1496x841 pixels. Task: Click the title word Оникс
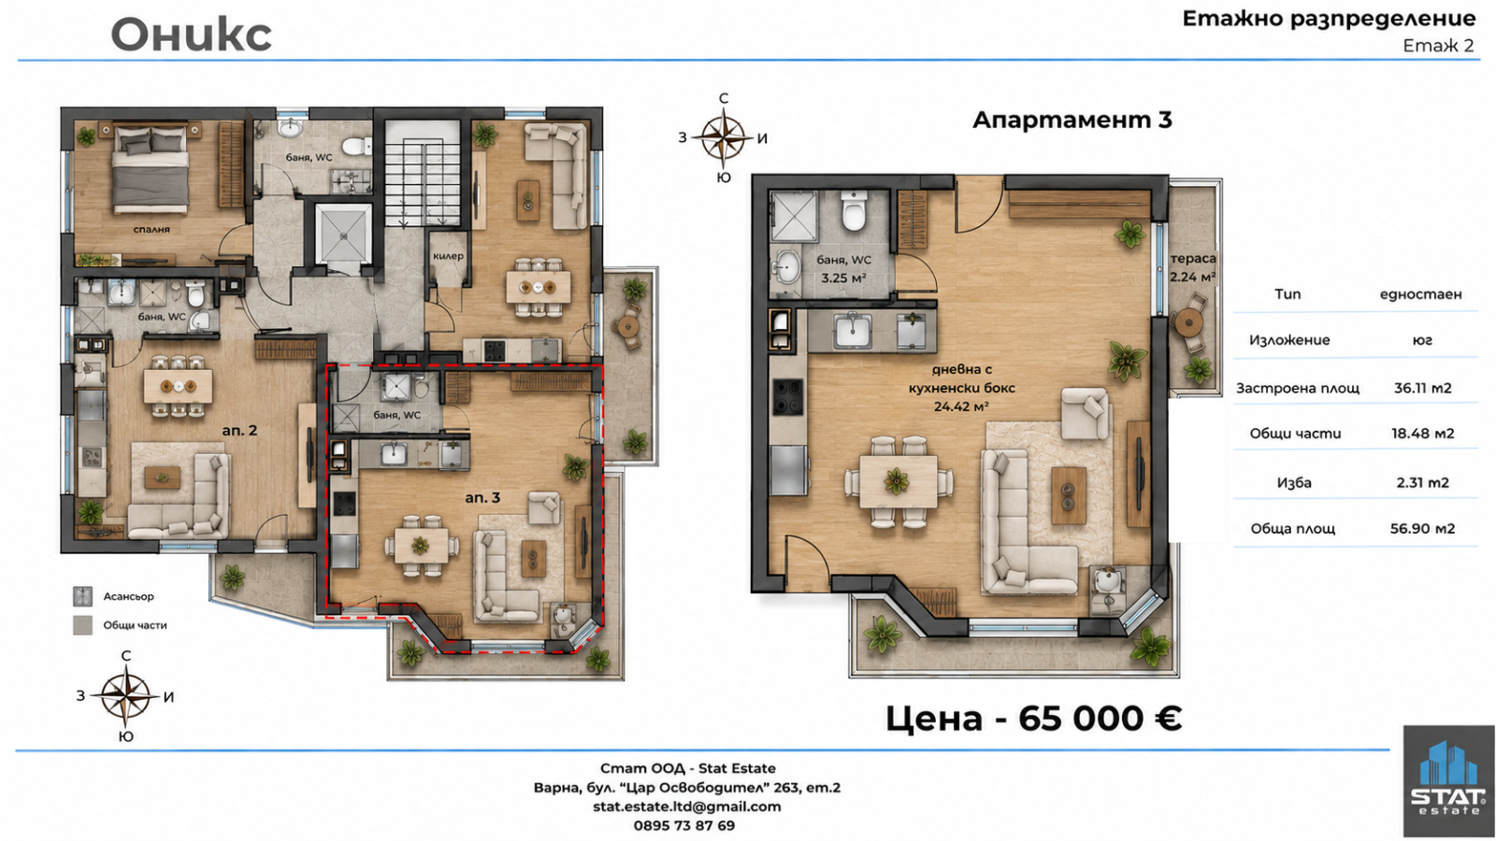pyautogui.click(x=191, y=34)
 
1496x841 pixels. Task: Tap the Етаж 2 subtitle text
pyautogui.click(x=1438, y=46)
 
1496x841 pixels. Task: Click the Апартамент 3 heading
pyautogui.click(x=1072, y=120)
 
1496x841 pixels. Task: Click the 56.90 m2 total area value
pyautogui.click(x=1422, y=529)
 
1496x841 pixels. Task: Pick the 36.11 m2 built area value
pyautogui.click(x=1422, y=388)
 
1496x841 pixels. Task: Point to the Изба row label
pyautogui.click(x=1294, y=482)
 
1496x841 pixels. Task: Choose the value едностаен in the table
pyautogui.click(x=1420, y=294)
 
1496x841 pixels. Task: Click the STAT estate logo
pyautogui.click(x=1448, y=781)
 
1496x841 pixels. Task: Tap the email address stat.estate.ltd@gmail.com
pyautogui.click(x=686, y=806)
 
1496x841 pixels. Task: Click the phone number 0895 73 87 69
pyautogui.click(x=683, y=826)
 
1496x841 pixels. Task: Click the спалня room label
pyautogui.click(x=151, y=230)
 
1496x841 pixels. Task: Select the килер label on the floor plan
pyautogui.click(x=448, y=256)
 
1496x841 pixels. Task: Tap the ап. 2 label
pyautogui.click(x=239, y=431)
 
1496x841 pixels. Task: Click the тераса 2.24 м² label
pyautogui.click(x=1193, y=267)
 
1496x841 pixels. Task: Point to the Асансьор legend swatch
pyautogui.click(x=82, y=596)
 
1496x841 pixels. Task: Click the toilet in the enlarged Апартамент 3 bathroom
pyautogui.click(x=854, y=210)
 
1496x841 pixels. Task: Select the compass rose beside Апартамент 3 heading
pyautogui.click(x=723, y=137)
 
